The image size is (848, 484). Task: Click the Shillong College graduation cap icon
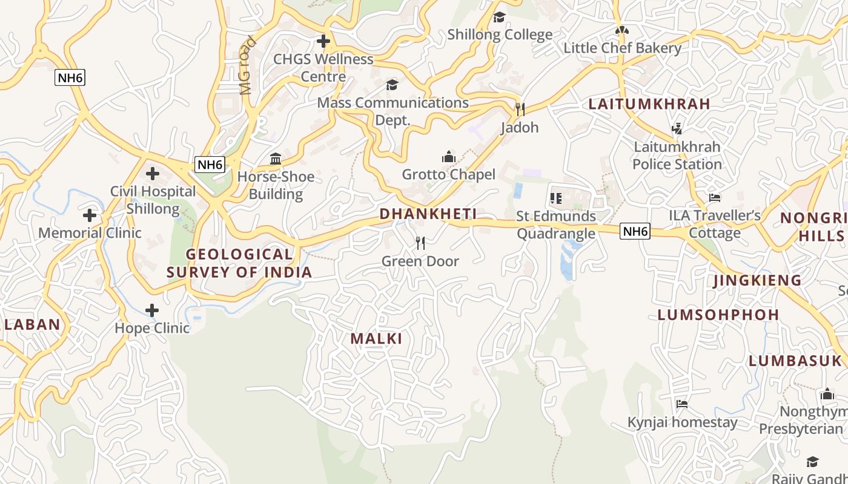pos(499,17)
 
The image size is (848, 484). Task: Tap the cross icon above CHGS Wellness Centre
pos(323,41)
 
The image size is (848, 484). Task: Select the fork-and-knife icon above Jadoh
pos(520,109)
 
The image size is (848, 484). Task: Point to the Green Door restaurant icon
pos(420,243)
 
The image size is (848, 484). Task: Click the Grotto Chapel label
pos(449,175)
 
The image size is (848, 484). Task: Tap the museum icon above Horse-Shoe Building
pos(276,159)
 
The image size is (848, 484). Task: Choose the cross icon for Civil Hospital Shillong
pos(153,174)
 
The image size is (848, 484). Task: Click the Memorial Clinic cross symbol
pos(90,215)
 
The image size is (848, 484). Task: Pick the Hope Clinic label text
pos(153,328)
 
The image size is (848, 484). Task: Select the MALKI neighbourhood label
pos(376,339)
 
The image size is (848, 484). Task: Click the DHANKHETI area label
pos(428,214)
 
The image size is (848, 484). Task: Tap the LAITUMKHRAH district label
pos(649,104)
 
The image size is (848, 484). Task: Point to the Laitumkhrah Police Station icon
pos(677,128)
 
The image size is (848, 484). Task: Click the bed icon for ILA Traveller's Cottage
pos(715,198)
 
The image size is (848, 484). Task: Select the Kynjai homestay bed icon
pos(682,404)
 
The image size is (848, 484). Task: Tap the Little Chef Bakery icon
pos(622,30)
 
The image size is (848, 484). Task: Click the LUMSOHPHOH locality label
pos(718,315)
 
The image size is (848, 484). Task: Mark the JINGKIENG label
pos(757,281)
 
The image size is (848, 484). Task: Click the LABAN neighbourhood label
pos(33,324)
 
